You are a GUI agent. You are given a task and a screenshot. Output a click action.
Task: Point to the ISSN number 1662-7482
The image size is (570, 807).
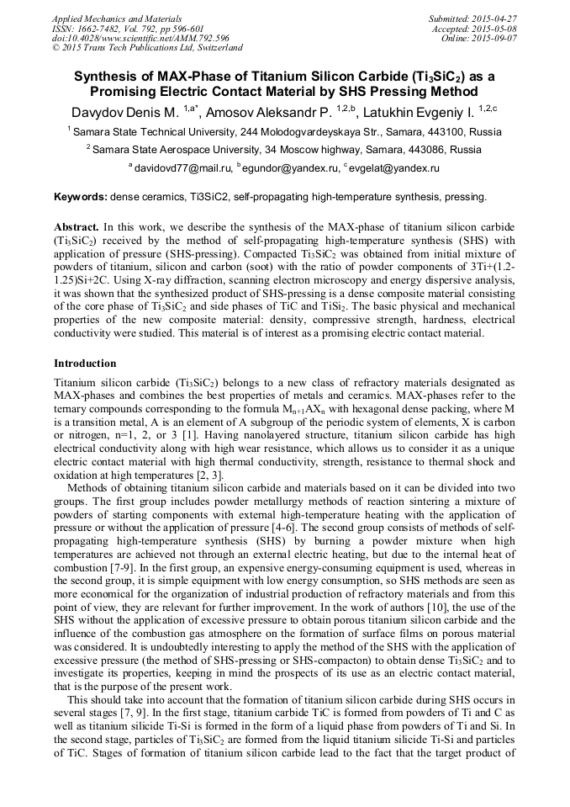[99, 28]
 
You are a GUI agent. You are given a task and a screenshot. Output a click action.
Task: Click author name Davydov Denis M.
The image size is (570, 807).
[124, 111]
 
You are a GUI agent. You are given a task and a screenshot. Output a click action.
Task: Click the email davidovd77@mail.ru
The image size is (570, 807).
[182, 168]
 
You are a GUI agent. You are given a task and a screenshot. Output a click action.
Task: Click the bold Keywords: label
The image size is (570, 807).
[80, 198]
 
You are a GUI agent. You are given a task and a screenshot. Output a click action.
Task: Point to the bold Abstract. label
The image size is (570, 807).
[77, 227]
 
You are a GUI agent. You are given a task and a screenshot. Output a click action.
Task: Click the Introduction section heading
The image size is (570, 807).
[85, 364]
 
